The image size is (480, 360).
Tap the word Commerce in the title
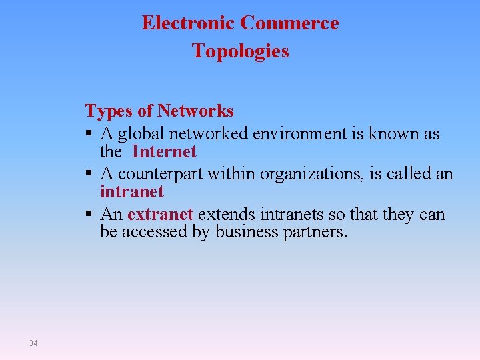[x=289, y=23]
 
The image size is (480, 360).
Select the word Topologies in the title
[x=241, y=51]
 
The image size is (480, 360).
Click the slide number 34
[x=33, y=343]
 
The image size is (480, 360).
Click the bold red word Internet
[x=164, y=152]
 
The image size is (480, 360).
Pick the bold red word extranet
[x=160, y=215]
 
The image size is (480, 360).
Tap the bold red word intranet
[x=131, y=192]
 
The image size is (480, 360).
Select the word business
[x=244, y=232]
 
